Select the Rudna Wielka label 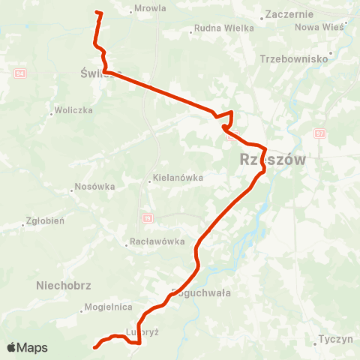[x=224, y=28]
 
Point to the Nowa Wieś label [x=317, y=27]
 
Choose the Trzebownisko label [x=295, y=58]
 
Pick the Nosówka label [x=94, y=188]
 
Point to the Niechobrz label [x=63, y=285]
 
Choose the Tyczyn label [x=335, y=339]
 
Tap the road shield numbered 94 [x=20, y=73]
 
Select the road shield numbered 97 [x=320, y=133]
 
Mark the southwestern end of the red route [x=94, y=347]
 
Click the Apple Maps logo [x=26, y=347]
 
